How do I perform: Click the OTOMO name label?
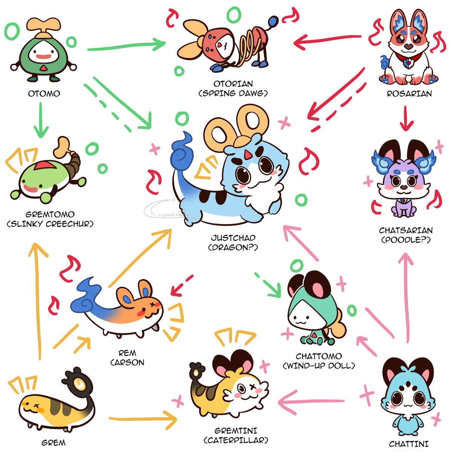coord(44,93)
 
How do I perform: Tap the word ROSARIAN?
coord(409,94)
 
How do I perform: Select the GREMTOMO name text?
coord(50,214)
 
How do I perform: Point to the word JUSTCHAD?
coord(233,238)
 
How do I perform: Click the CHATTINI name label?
coord(409,444)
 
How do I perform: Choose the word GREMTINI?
coord(236,431)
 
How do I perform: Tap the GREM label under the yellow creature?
coord(53,443)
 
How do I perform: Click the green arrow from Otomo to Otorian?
coord(126,45)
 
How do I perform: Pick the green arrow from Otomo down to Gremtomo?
coord(41,120)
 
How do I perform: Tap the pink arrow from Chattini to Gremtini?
coord(311,402)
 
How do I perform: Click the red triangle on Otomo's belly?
coord(43,68)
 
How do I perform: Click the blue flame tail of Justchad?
coord(182,153)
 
